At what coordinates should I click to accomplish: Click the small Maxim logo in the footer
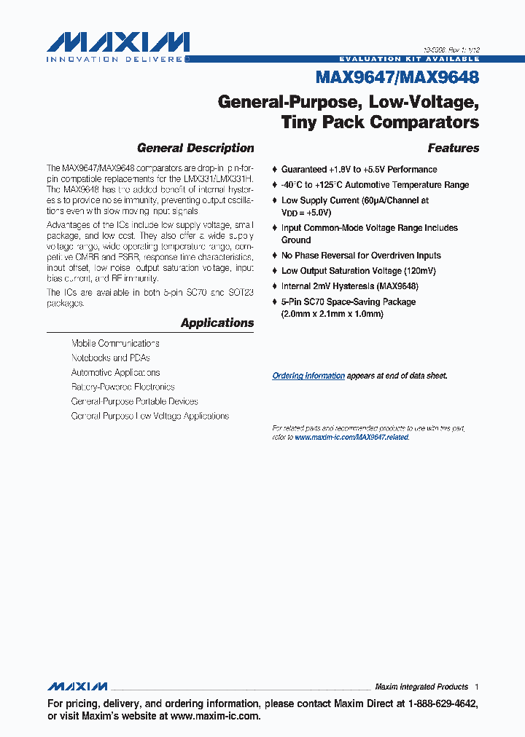[77, 687]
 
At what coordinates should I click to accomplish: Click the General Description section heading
[195, 148]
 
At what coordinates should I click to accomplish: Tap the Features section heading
[453, 148]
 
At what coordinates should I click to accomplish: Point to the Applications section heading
[217, 323]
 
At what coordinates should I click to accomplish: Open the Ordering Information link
[308, 376]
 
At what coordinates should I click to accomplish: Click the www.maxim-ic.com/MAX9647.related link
[351, 437]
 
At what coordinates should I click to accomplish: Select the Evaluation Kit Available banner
[409, 58]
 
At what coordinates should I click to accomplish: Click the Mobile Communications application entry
[115, 343]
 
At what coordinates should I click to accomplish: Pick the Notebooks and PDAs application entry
[110, 358]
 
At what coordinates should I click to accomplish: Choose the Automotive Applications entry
[115, 372]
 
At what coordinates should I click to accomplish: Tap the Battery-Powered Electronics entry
[122, 387]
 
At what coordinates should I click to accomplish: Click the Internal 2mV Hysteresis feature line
[349, 286]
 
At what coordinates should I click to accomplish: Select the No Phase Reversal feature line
[361, 256]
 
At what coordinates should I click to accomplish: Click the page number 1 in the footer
[476, 687]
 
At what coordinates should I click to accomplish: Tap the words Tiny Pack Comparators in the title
[380, 122]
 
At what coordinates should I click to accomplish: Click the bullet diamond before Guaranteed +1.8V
[274, 170]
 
